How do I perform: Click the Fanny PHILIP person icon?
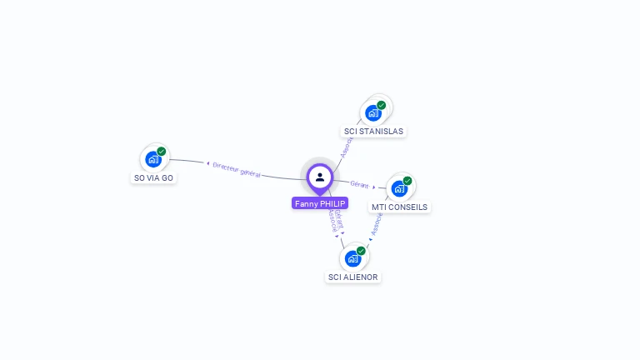point(320,177)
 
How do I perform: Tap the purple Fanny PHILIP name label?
point(320,203)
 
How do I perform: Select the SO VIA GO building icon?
point(152,159)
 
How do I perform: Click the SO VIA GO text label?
point(154,178)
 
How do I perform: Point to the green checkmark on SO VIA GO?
point(162,152)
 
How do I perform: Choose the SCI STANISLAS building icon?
point(372,112)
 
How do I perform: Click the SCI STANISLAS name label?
point(374,132)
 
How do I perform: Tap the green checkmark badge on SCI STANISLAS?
point(382,106)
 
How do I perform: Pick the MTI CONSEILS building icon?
point(399,188)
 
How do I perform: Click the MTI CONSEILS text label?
point(400,207)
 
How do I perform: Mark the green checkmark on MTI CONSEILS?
point(407,181)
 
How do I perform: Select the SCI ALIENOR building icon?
point(352,258)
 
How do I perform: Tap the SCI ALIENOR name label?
point(353,277)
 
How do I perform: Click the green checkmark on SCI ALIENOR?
point(361,251)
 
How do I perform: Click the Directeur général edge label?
point(237,169)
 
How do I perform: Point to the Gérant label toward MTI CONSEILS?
point(360,184)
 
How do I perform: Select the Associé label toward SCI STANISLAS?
point(347,145)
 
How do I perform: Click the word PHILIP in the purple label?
point(332,203)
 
